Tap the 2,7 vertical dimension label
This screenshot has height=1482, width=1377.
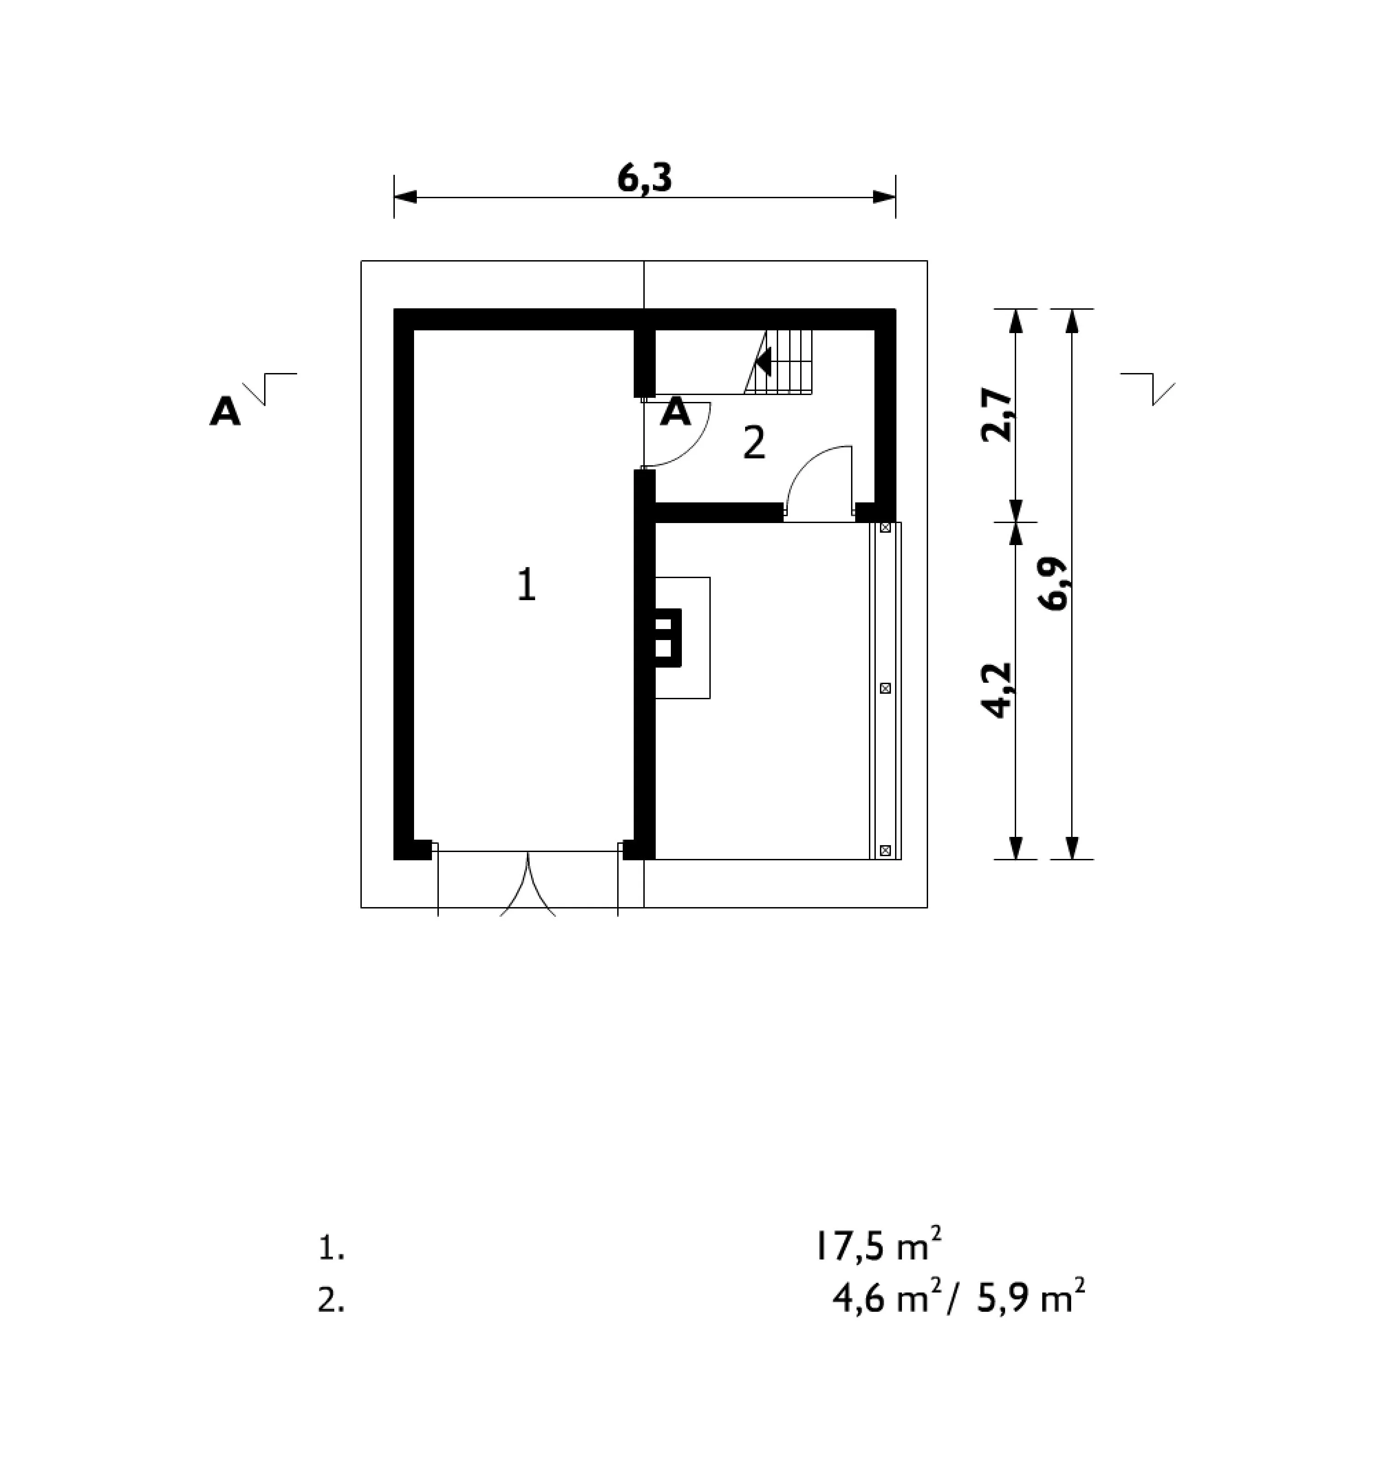[x=998, y=415]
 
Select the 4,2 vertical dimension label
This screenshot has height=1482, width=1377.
[x=998, y=690]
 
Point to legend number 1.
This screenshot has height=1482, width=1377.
[x=332, y=1248]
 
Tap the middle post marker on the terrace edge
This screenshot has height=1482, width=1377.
[x=885, y=689]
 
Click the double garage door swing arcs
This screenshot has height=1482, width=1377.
[x=527, y=887]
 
